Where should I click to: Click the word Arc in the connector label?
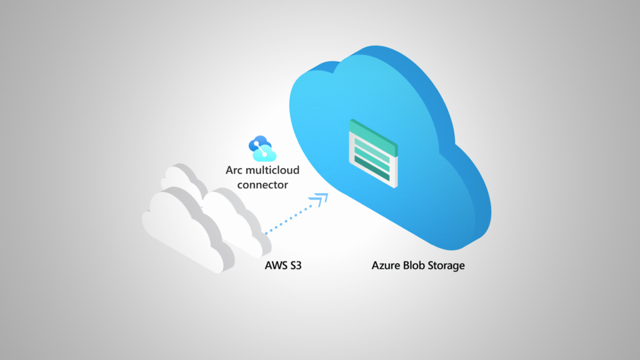236,170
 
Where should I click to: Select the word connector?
258,184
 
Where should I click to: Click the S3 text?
301,266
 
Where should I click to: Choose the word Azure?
386,266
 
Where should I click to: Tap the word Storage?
447,266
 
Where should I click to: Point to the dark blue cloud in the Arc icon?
257,143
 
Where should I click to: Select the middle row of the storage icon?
373,156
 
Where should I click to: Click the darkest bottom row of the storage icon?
373,167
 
